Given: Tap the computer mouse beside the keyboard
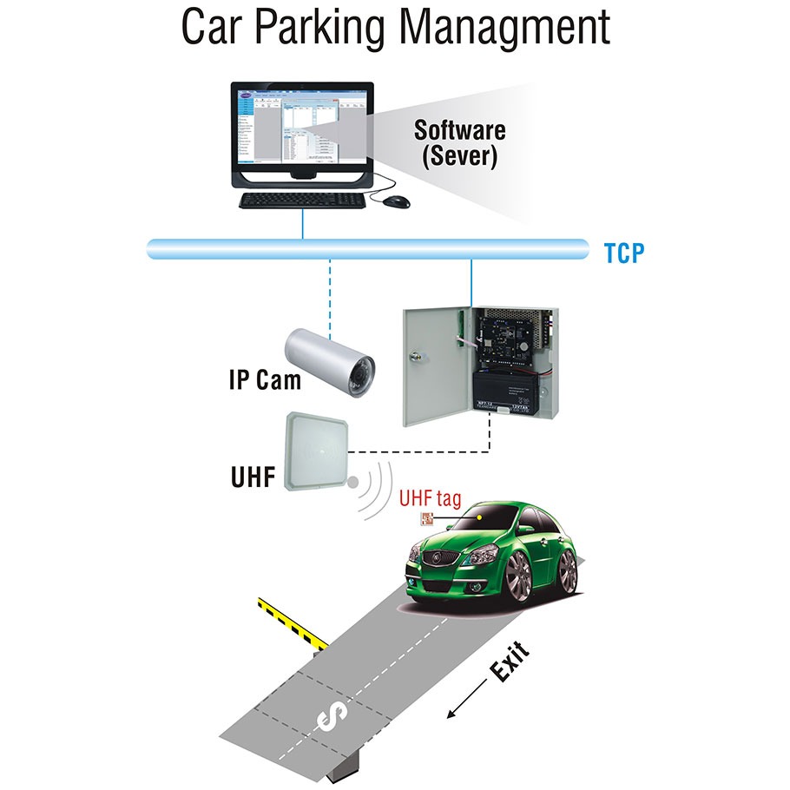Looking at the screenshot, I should (396, 201).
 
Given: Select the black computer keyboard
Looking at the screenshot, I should (303, 200).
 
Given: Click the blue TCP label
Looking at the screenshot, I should (624, 254).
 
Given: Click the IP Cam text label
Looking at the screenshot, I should (266, 379).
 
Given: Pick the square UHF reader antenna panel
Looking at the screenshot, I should (320, 451).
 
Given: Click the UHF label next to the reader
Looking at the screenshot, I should (253, 478).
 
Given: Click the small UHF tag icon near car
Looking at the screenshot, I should (426, 520).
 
